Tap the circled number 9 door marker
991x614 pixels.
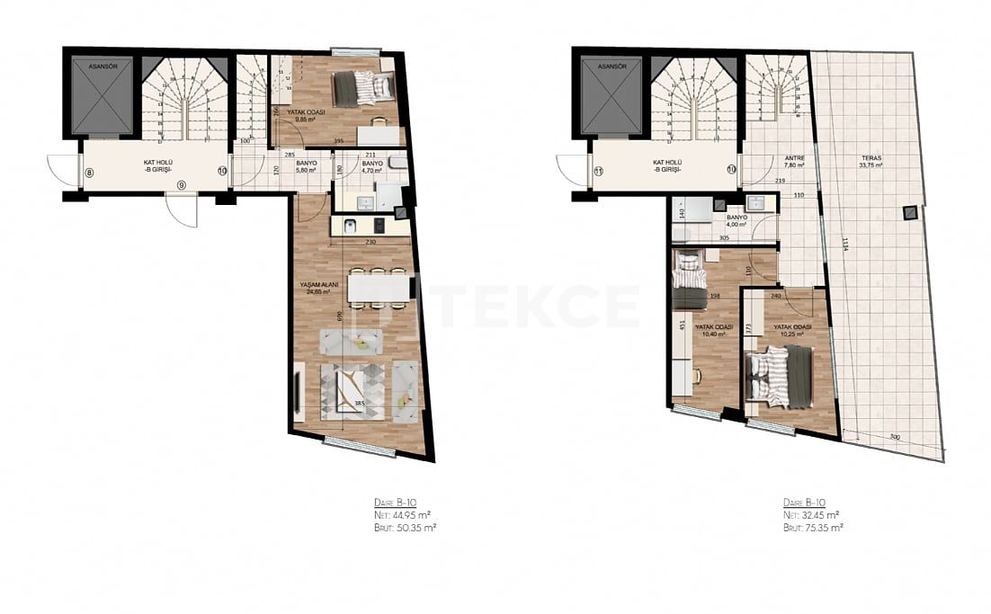pos(182,184)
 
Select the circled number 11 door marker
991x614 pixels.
pos(599,170)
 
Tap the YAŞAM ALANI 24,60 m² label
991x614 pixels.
pos(318,288)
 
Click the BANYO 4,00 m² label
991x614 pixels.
pos(737,221)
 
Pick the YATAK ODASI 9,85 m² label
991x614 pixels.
pos(306,116)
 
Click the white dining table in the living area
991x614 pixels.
pos(379,288)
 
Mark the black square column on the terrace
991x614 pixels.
pos(910,212)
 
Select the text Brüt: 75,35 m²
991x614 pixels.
pos(812,528)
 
